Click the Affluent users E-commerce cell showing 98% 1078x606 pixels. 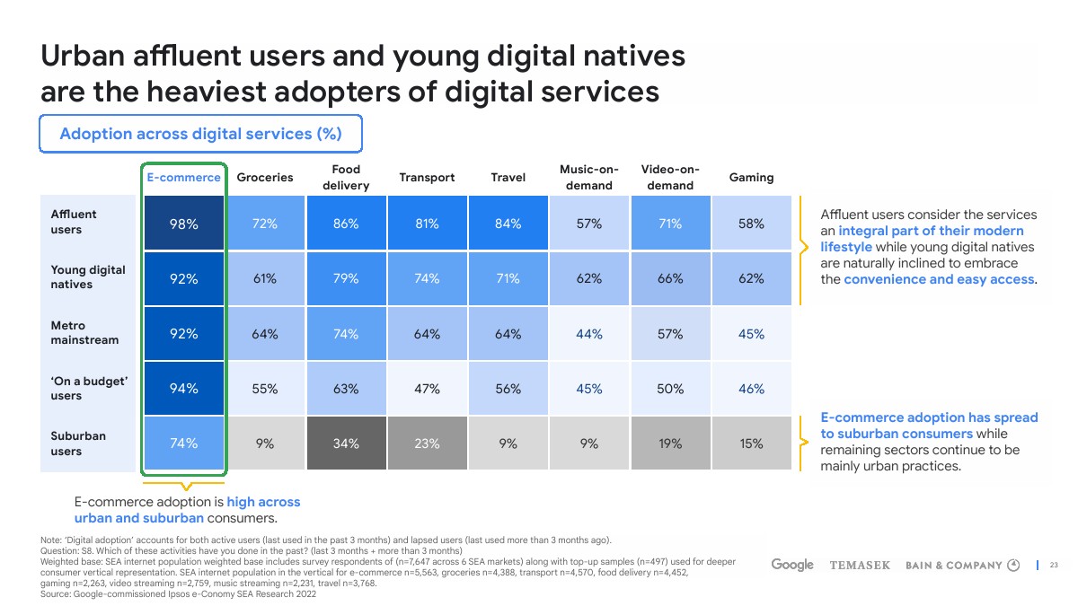coord(184,224)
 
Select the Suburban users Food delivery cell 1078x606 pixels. coord(346,444)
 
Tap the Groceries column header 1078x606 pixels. coord(265,178)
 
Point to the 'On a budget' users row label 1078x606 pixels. coord(90,389)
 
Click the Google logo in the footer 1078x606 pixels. coord(792,565)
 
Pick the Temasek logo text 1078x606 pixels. coord(860,566)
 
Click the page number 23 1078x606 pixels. coord(1055,565)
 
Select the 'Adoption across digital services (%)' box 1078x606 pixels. coord(200,134)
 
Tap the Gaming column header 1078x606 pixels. coord(751,178)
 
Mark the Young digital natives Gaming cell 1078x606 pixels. coord(751,278)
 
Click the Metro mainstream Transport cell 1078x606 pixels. coord(427,334)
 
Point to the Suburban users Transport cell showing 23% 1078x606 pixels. coord(427,444)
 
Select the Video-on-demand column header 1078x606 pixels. coord(670,178)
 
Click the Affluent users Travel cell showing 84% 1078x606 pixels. coord(508,224)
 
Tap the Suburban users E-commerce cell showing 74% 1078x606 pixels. coord(184,444)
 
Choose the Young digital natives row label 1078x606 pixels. coord(88,277)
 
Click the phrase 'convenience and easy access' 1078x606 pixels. coord(939,279)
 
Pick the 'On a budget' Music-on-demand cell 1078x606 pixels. coord(589,389)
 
